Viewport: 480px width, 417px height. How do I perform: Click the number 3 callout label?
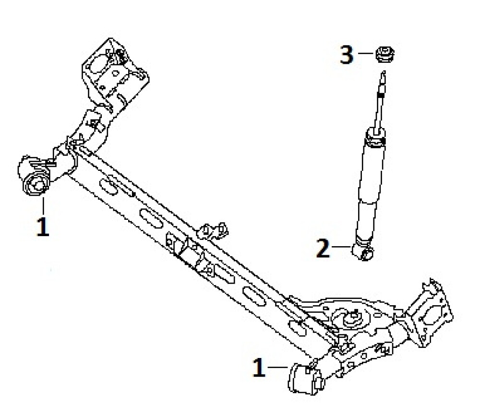click(x=347, y=55)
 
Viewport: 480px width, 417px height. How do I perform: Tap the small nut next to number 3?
click(x=385, y=54)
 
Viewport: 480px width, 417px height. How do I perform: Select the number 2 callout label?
click(x=323, y=248)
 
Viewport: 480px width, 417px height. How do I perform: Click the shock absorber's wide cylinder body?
click(x=371, y=187)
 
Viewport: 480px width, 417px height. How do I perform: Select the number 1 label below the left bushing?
click(x=43, y=226)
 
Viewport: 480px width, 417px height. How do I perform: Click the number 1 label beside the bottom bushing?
click(x=259, y=367)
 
